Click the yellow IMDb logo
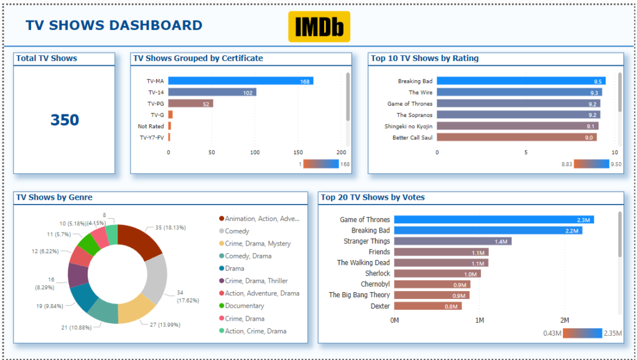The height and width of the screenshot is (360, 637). pos(319,26)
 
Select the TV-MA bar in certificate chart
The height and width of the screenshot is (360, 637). pos(241,81)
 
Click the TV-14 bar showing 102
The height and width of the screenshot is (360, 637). pos(212,93)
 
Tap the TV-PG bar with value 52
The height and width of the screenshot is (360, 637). pos(190,103)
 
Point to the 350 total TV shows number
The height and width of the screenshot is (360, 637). pos(65,120)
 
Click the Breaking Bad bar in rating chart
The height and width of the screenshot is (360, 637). pos(521,81)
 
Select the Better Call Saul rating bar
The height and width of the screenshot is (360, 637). pos(517,137)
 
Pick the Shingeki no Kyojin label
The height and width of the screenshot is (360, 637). pos(408,126)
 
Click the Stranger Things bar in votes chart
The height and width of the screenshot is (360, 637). pos(453,241)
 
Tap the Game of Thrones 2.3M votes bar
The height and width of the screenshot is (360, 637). pos(494,219)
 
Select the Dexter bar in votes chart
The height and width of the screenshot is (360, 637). pos(428,306)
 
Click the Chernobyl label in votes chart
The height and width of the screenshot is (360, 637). pos(375,284)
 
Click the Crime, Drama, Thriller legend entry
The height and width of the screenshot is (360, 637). pos(253,281)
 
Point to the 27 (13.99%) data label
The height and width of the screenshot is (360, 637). pos(166,325)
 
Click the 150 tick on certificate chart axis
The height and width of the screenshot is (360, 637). pos(298,152)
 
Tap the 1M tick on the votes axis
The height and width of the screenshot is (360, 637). pos(480,320)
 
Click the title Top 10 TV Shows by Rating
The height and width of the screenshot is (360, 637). pos(424,58)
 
